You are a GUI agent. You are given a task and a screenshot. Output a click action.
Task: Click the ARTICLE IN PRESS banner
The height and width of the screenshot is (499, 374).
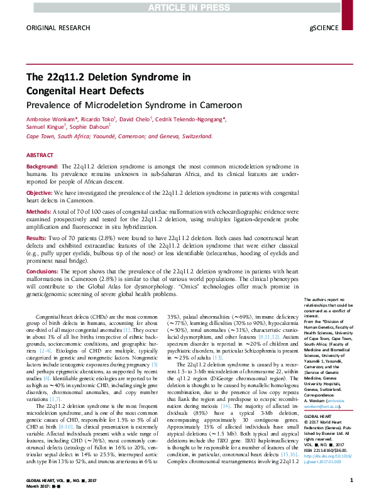click(187, 6)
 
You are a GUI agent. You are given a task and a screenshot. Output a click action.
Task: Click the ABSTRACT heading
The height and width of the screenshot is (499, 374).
click(40, 155)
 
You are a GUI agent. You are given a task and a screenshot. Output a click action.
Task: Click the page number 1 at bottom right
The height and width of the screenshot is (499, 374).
click(351, 481)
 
